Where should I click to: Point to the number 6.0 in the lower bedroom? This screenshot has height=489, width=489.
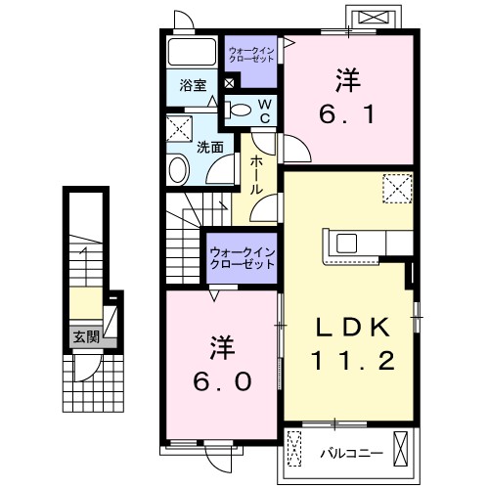click(x=221, y=378)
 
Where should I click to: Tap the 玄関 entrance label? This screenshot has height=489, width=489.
click(x=85, y=336)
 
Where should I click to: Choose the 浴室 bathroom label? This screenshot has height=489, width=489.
click(x=193, y=86)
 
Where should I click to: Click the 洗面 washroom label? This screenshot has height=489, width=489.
click(x=209, y=147)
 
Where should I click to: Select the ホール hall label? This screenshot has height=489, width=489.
click(x=254, y=174)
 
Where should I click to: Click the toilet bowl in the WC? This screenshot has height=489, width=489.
click(x=241, y=110)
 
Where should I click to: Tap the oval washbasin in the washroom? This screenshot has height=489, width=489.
click(x=179, y=170)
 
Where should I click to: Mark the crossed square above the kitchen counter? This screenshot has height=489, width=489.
click(x=397, y=186)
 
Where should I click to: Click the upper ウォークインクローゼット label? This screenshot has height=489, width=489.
click(x=252, y=54)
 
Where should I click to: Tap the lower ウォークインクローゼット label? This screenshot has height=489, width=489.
click(x=241, y=259)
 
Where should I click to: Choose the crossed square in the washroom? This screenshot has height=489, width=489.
click(x=178, y=129)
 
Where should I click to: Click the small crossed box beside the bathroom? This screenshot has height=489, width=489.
click(x=228, y=84)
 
